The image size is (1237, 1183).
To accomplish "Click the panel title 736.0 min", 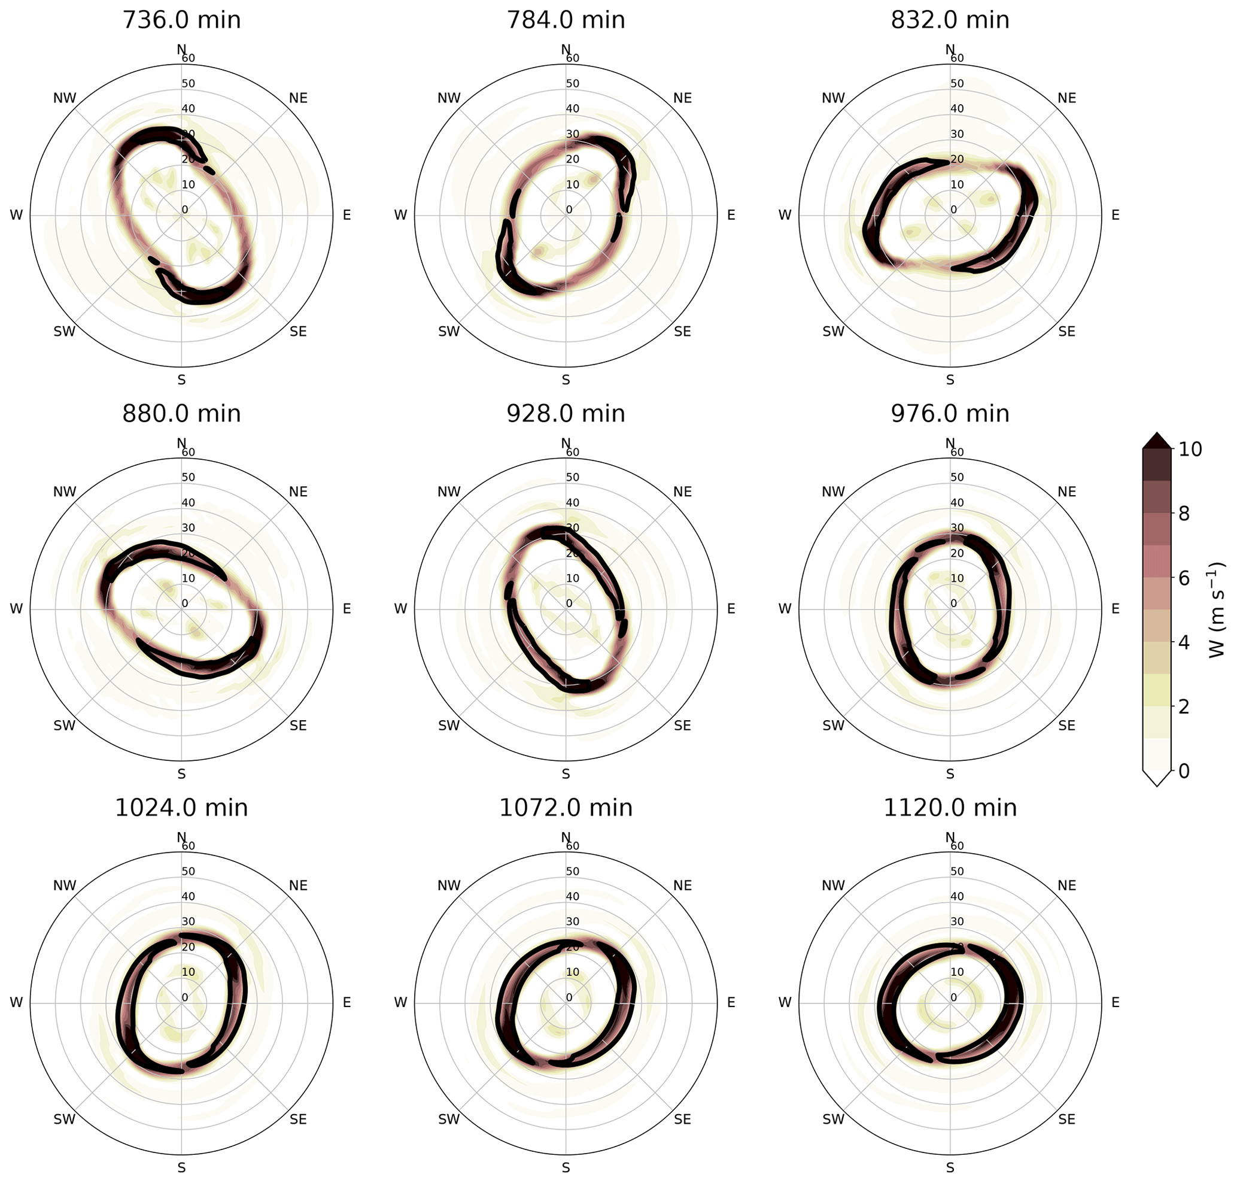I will coord(181,20).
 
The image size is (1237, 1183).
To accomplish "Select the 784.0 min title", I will coord(566,20).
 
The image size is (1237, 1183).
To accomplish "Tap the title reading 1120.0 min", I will coord(950,808).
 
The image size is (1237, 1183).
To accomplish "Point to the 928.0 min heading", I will coord(566,414).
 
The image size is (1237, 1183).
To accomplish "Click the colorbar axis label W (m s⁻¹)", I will coord(1217,610).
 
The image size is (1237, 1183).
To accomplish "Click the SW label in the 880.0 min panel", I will coord(64,726).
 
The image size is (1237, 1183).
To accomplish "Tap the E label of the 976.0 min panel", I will coord(1115,609).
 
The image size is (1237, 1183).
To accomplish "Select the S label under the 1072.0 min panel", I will coord(566,1168).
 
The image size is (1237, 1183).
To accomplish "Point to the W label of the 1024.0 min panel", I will coord(16,1003).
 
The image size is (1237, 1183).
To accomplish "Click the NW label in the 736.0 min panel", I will coord(64,98).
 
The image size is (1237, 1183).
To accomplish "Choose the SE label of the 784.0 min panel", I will coord(682,332).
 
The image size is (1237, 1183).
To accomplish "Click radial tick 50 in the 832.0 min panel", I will coord(956,84).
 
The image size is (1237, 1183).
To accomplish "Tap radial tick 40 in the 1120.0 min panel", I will coord(956,897).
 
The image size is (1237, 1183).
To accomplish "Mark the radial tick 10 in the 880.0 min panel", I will coord(188,578).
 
